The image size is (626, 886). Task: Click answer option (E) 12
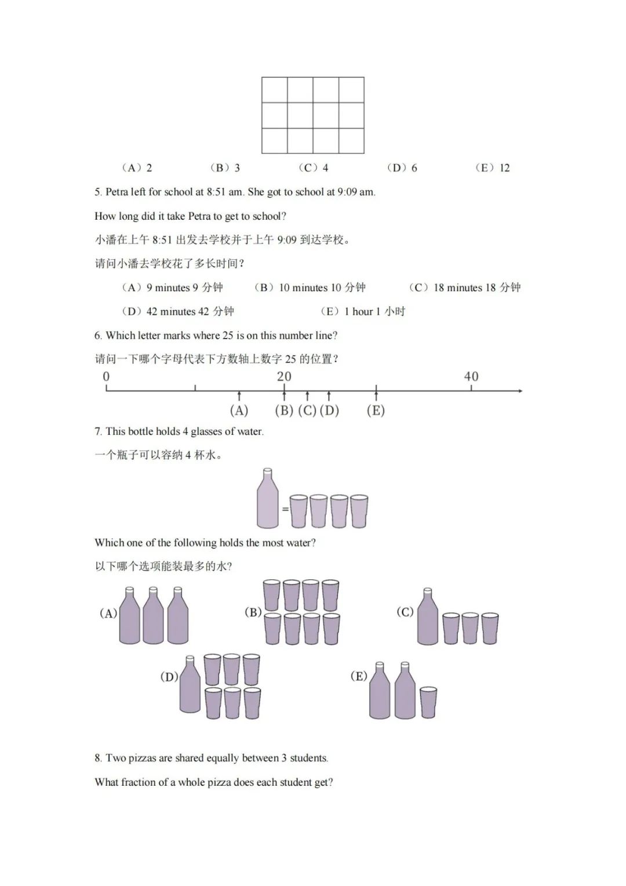(493, 168)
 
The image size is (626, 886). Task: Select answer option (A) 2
(137, 168)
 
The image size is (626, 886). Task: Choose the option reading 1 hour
(363, 311)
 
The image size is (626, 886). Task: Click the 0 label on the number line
(106, 377)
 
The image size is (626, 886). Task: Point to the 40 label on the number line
(471, 377)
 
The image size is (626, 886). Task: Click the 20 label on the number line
(284, 377)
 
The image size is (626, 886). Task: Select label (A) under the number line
(239, 411)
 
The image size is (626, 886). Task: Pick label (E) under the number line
(376, 411)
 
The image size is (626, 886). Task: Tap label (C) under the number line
(307, 411)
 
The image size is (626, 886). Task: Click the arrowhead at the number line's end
(520, 391)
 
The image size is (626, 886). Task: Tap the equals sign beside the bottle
(285, 509)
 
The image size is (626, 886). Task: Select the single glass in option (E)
(428, 702)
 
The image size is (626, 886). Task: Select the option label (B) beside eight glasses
(253, 612)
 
